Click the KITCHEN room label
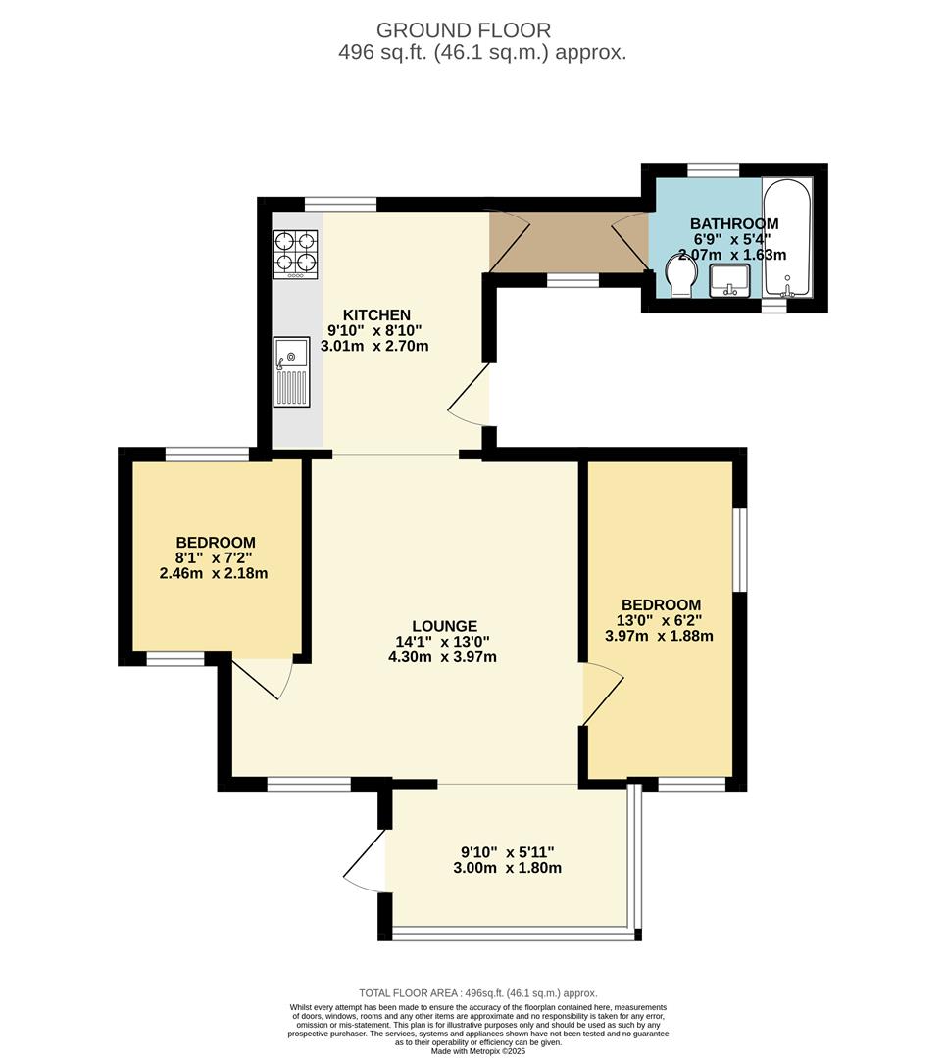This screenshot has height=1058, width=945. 376,315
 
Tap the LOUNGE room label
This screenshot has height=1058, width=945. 445,626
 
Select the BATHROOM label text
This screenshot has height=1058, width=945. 734,223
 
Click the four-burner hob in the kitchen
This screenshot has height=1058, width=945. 295,255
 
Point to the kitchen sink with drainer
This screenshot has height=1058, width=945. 291,372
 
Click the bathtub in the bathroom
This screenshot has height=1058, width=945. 787,237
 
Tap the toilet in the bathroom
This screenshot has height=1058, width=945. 679,277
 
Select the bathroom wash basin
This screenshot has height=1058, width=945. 729,281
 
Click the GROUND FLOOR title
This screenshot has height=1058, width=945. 464,30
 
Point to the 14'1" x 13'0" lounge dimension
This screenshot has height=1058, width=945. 443,642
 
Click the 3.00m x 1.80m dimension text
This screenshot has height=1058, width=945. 508,868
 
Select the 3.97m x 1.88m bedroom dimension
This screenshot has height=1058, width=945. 660,636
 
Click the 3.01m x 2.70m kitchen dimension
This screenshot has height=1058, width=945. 374,346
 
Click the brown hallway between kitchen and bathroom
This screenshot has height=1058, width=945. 569,242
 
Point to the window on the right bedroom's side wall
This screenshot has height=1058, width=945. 740,550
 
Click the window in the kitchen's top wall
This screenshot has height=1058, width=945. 340,204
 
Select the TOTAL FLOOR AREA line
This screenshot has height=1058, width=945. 478,993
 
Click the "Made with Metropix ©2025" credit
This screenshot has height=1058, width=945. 478,1051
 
